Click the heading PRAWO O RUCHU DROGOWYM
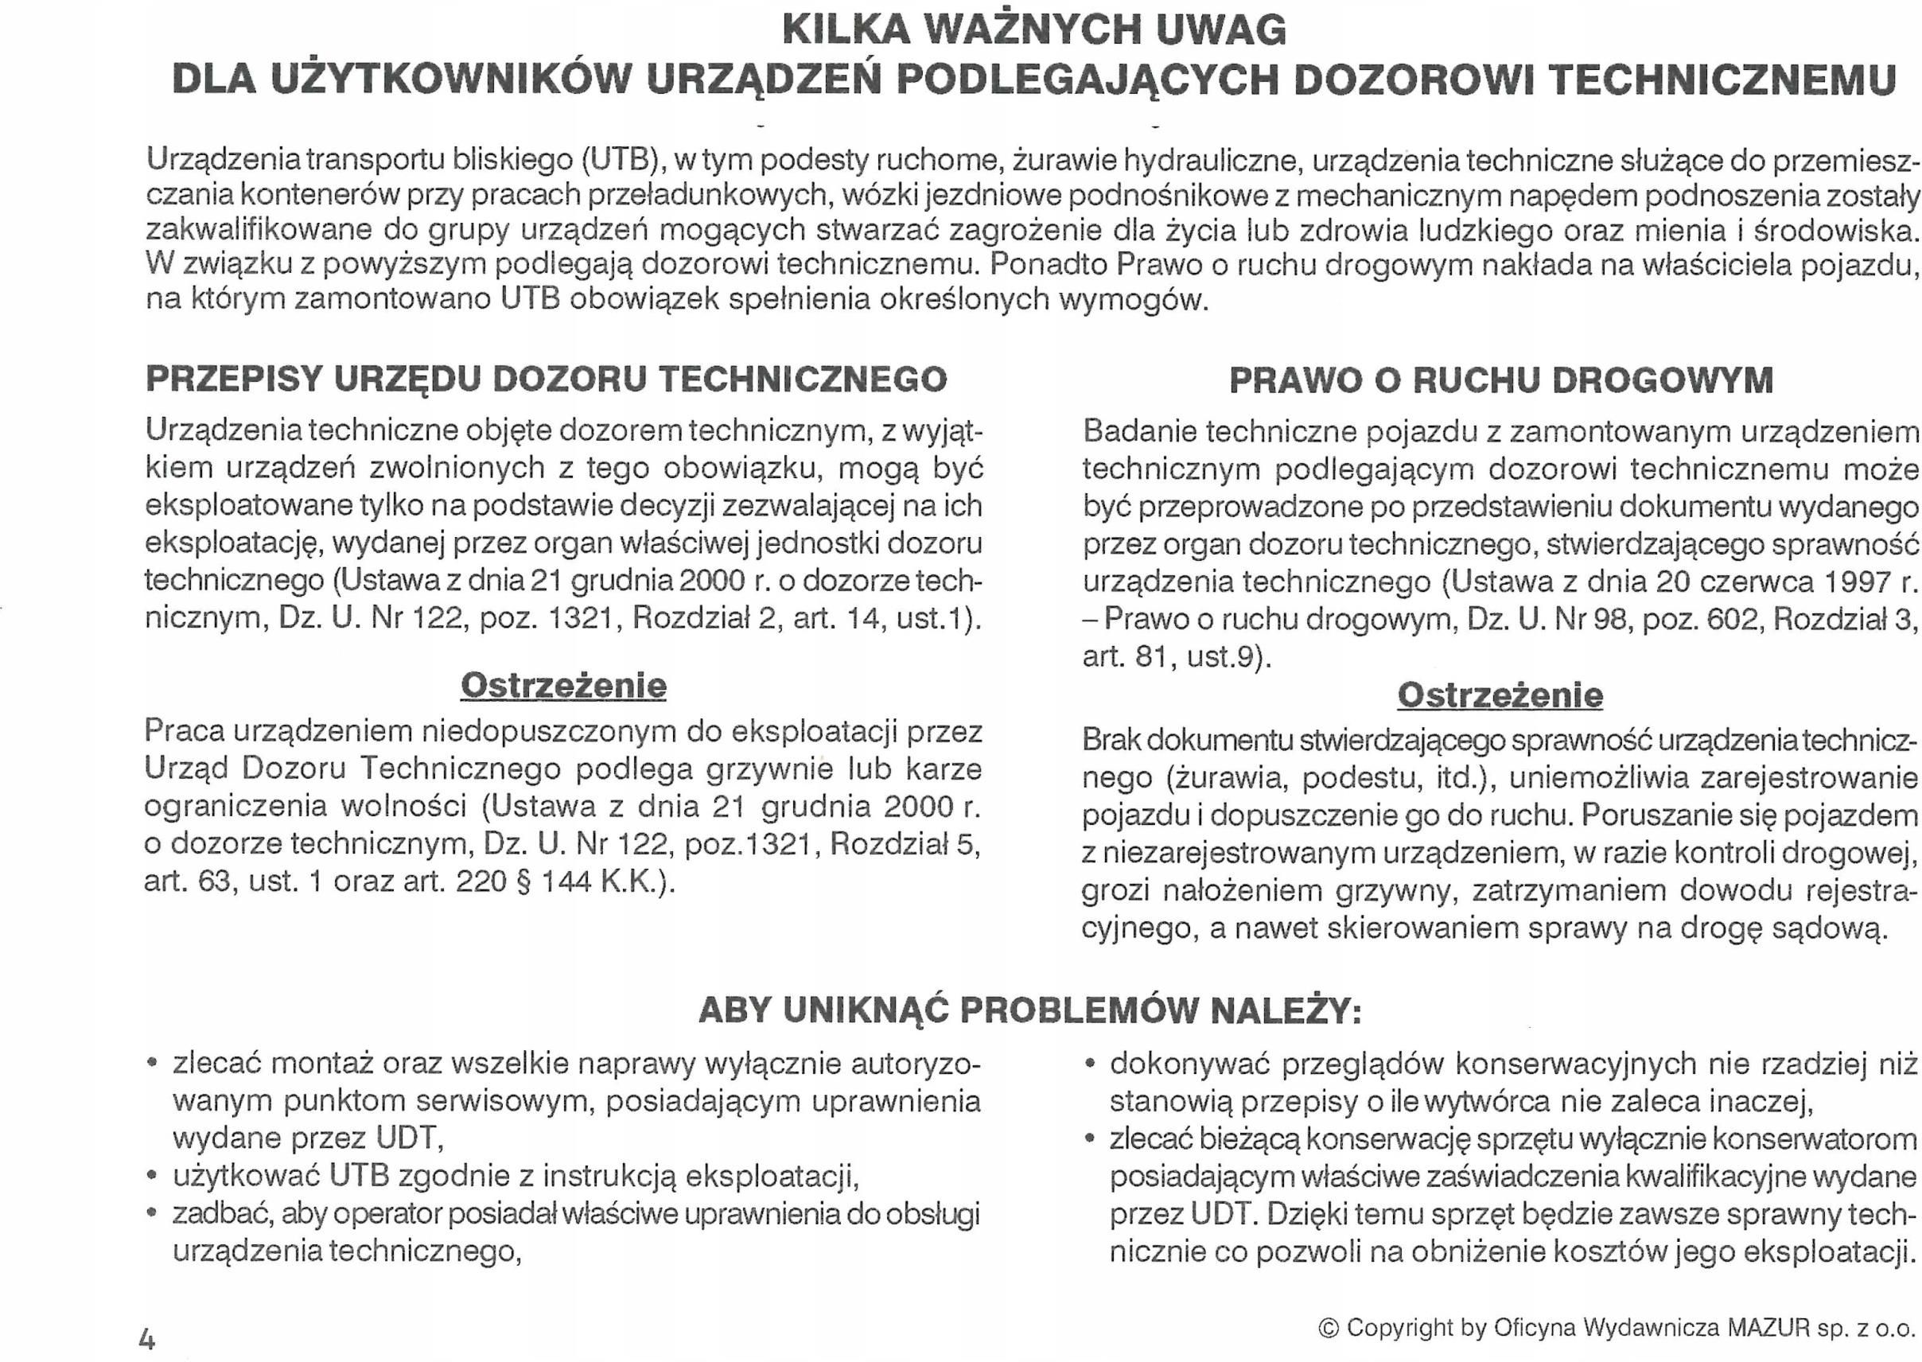click(x=1501, y=380)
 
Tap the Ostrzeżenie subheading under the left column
click(x=563, y=685)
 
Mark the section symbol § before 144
click(x=525, y=882)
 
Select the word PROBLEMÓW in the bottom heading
click(x=1082, y=1010)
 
